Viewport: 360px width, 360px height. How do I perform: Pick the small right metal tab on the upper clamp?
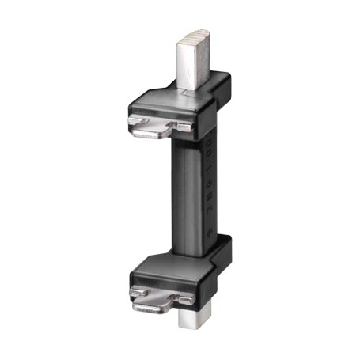point(183,125)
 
